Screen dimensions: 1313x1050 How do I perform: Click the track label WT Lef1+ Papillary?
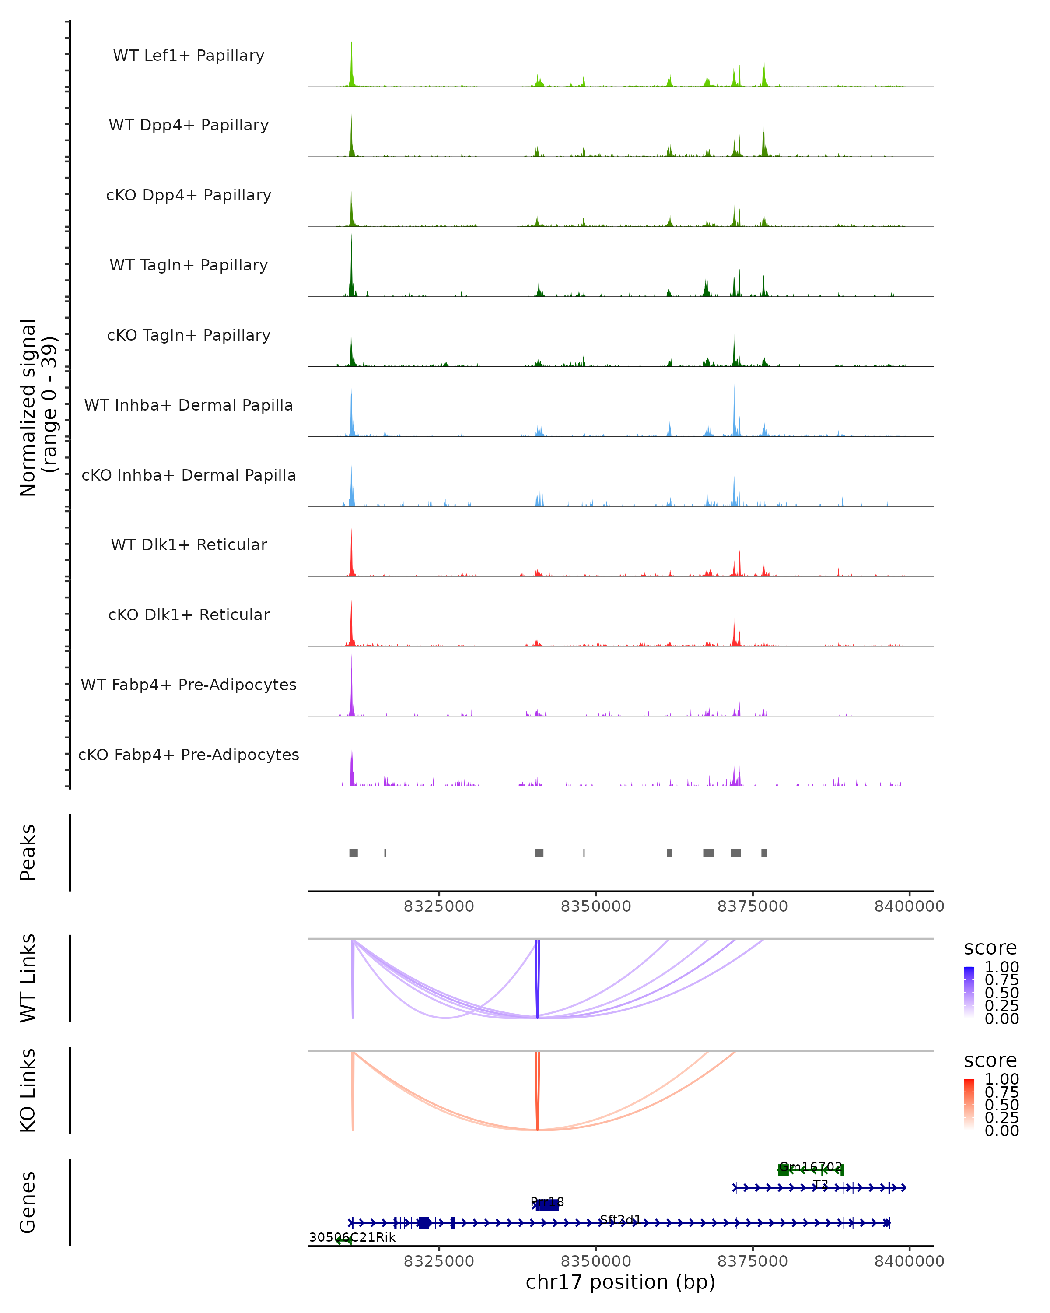point(189,56)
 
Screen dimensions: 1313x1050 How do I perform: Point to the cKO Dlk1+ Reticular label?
point(189,614)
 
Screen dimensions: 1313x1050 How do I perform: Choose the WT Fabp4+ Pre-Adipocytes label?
point(189,685)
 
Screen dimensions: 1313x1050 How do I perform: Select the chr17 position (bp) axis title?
point(620,1282)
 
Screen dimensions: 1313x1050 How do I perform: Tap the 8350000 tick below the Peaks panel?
point(596,906)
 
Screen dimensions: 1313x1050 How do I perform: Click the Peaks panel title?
point(28,852)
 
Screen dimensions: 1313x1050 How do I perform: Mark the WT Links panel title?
point(28,978)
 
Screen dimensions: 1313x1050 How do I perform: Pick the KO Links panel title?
point(28,1090)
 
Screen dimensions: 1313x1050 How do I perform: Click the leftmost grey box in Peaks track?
point(353,853)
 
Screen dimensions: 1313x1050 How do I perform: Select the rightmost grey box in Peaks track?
point(764,853)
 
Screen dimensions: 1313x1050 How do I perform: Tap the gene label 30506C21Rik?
point(352,1237)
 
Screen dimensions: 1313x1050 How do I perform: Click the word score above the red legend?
point(990,1060)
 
